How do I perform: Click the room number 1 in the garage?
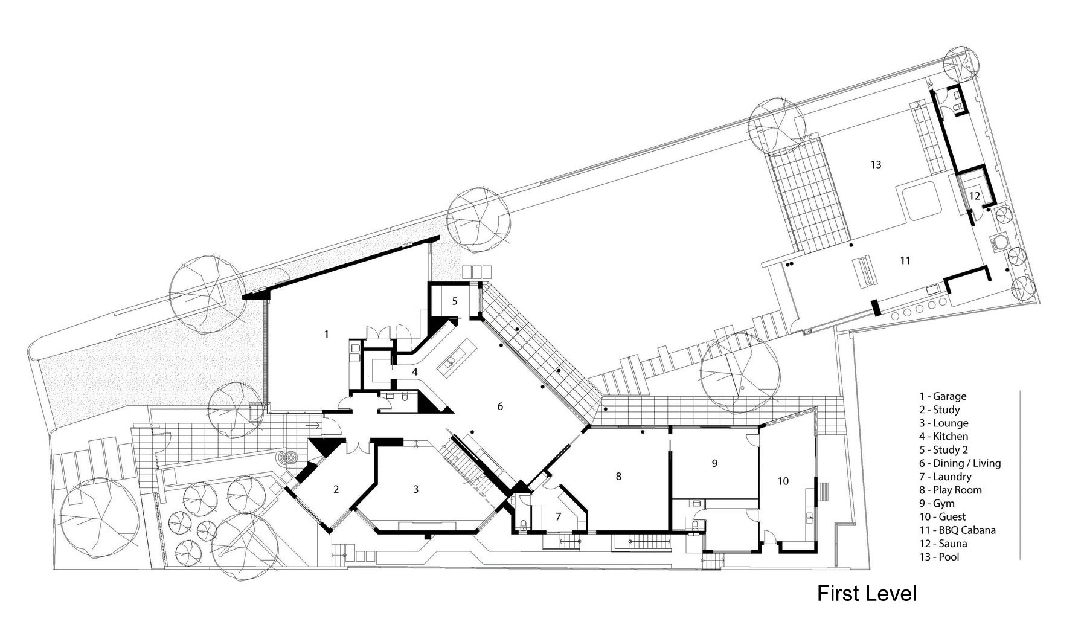(327, 334)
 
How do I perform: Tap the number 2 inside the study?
(336, 489)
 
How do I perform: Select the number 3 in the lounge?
(415, 489)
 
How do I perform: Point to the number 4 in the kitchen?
(415, 372)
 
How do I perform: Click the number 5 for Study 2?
(455, 301)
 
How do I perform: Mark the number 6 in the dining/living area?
(500, 406)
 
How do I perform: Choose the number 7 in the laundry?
(558, 516)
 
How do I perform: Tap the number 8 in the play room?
(618, 477)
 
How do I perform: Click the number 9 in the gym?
(714, 463)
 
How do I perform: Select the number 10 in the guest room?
(783, 481)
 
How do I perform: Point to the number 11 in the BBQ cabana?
(905, 261)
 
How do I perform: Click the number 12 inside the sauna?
(975, 196)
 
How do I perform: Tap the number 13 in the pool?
(876, 164)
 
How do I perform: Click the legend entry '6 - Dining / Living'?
(960, 463)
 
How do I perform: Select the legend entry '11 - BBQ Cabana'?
(957, 530)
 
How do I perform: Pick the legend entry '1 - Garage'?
(943, 396)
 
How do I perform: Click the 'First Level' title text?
(867, 594)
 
